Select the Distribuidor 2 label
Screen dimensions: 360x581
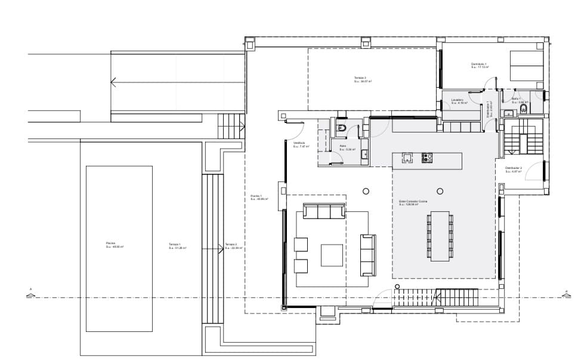[514, 170]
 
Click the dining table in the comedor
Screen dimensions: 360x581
[440, 235]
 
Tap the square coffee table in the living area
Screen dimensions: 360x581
[332, 256]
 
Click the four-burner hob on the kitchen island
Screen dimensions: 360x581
[428, 158]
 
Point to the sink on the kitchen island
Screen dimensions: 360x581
[407, 158]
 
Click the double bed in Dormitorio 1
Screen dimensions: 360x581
[526, 66]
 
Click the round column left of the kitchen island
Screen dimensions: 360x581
[366, 191]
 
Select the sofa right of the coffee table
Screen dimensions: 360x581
[368, 255]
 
